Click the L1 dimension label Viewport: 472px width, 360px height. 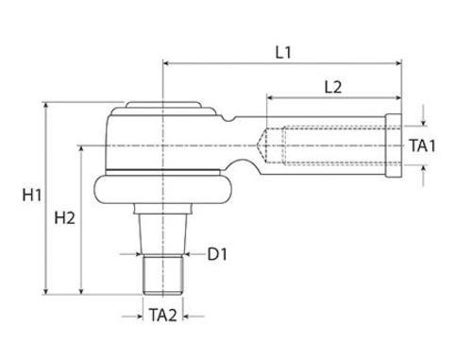(283, 52)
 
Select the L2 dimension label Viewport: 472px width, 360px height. (333, 87)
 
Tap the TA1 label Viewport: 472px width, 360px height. (423, 146)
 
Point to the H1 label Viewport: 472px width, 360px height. (32, 195)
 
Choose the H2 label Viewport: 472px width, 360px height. (64, 218)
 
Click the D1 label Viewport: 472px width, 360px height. (217, 254)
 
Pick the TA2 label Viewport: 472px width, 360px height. (162, 315)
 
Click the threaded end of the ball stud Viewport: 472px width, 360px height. (163, 275)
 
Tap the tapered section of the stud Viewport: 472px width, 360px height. (163, 234)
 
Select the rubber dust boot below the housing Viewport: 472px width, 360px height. (163, 189)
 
